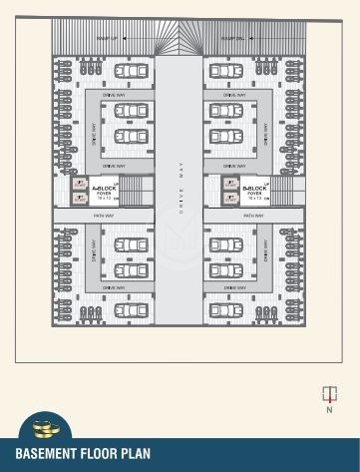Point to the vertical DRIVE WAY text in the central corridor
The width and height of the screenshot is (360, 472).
[x=180, y=191]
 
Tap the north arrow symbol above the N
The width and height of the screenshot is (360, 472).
[x=328, y=392]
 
